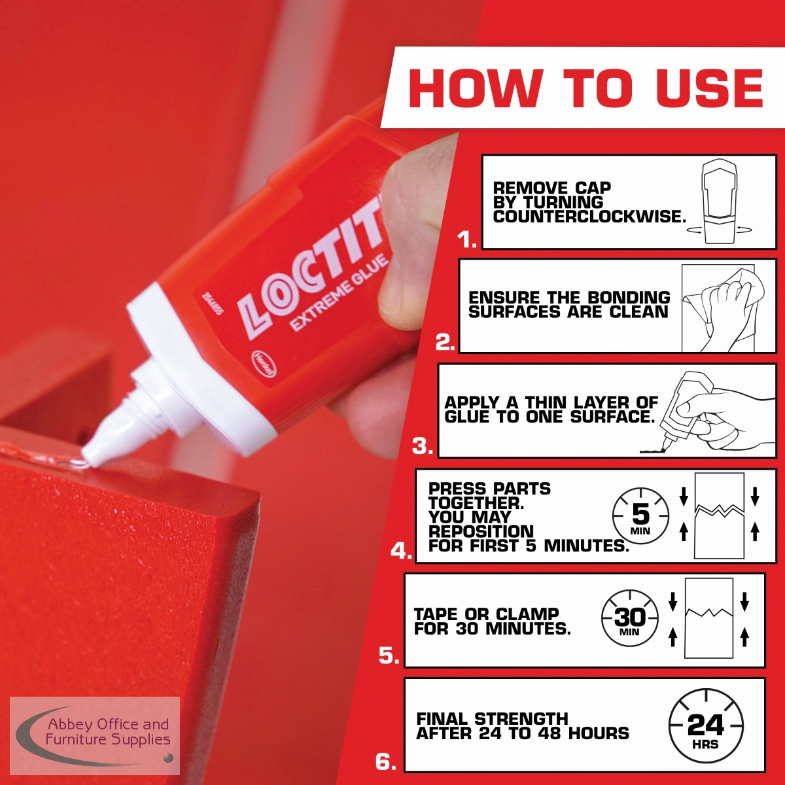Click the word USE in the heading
pyautogui.click(x=709, y=88)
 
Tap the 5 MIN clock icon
pyautogui.click(x=640, y=515)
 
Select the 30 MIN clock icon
pyautogui.click(x=630, y=618)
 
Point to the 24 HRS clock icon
pyautogui.click(x=706, y=726)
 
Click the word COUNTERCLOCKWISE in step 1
pyautogui.click(x=589, y=217)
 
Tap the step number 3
pyautogui.click(x=423, y=447)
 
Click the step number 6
pyautogui.click(x=385, y=762)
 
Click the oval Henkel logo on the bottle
pyautogui.click(x=264, y=362)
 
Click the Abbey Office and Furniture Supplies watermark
pyautogui.click(x=95, y=735)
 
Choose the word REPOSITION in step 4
pyautogui.click(x=481, y=531)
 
